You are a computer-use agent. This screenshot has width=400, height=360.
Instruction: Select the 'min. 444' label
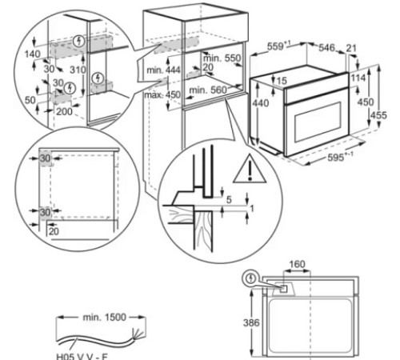click(174, 70)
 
